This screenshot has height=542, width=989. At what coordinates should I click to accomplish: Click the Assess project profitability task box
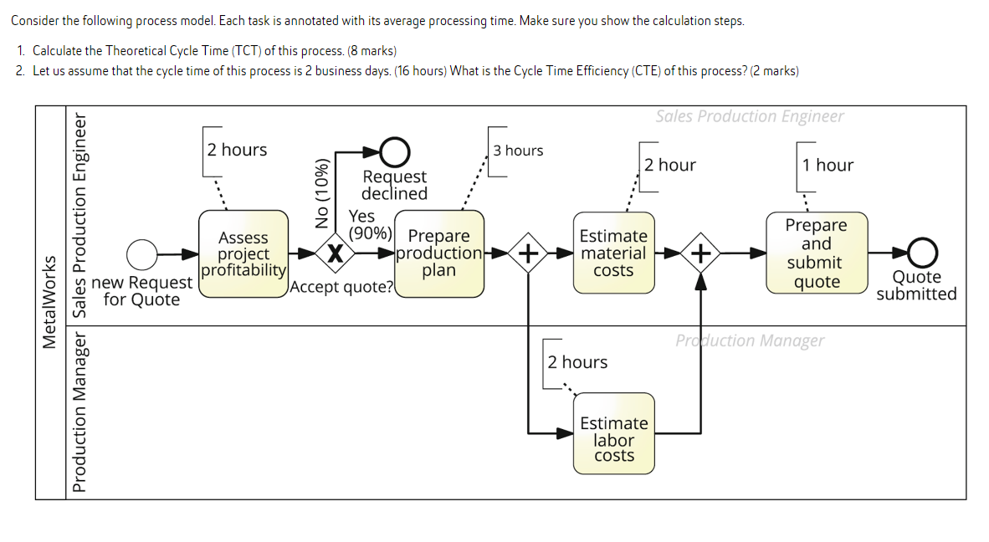(x=243, y=253)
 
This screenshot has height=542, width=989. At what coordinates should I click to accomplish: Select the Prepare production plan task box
(x=439, y=253)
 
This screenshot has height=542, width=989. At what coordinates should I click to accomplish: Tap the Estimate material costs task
(x=613, y=253)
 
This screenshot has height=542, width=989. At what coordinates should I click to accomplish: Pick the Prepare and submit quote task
(x=817, y=253)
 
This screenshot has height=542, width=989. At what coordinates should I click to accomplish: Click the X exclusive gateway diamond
(x=335, y=253)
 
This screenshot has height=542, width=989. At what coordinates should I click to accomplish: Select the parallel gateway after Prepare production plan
(x=528, y=253)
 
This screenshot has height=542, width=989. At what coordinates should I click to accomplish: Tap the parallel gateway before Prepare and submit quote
(x=701, y=253)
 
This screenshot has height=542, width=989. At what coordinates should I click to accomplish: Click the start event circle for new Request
(x=142, y=253)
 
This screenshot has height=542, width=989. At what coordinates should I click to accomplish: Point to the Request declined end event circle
(x=395, y=152)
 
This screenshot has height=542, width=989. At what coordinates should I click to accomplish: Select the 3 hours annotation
(x=518, y=151)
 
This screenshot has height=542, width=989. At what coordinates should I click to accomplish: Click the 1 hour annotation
(x=828, y=165)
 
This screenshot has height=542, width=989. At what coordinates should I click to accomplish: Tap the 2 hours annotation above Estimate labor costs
(x=577, y=362)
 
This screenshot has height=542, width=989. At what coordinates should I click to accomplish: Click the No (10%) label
(x=321, y=194)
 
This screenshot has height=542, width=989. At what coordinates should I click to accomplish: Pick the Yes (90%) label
(x=368, y=224)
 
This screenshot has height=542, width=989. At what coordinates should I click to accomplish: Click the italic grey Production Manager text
(x=750, y=340)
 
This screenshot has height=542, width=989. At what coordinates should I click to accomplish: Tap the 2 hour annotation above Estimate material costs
(x=670, y=165)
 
